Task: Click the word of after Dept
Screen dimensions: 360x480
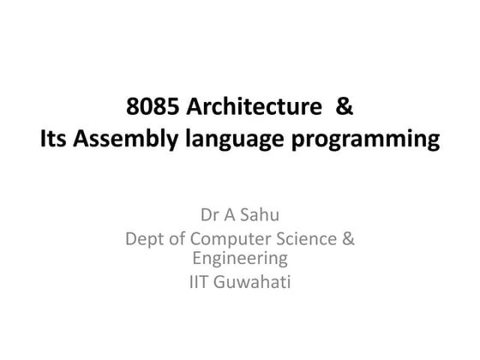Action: (177, 238)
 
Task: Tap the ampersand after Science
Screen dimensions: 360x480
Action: (348, 238)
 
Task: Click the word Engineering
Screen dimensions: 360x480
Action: (239, 258)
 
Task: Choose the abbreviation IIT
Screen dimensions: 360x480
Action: (200, 279)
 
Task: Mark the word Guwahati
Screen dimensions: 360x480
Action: (255, 279)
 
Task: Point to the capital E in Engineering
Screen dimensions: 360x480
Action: (197, 257)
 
